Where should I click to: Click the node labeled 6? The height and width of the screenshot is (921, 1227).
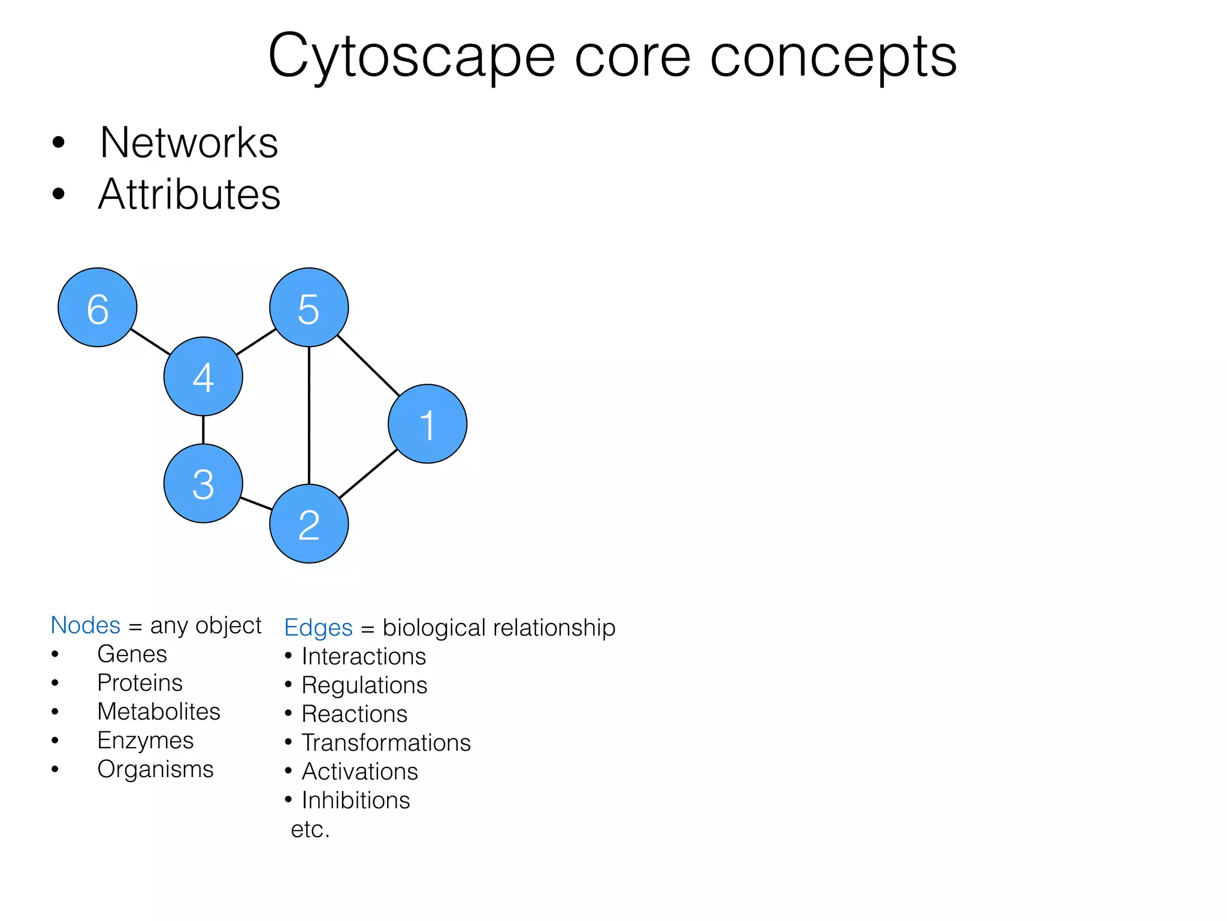pyautogui.click(x=98, y=308)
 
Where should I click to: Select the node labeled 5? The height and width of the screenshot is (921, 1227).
pyautogui.click(x=309, y=308)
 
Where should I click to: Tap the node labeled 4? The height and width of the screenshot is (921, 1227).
pyautogui.click(x=203, y=377)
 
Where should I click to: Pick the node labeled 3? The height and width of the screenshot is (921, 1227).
pyautogui.click(x=203, y=483)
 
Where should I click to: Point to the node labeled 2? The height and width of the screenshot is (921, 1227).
pyautogui.click(x=309, y=523)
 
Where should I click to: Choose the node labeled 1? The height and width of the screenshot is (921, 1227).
pyautogui.click(x=427, y=424)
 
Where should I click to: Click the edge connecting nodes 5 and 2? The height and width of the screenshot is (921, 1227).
pyautogui.click(x=309, y=415)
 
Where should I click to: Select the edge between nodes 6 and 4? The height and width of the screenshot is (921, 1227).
pyautogui.click(x=150, y=342)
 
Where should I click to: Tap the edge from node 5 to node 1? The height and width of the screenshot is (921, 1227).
pyautogui.click(x=368, y=365)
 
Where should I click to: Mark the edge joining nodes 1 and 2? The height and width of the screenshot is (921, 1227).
pyautogui.click(x=368, y=474)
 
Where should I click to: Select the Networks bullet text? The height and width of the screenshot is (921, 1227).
pyautogui.click(x=189, y=143)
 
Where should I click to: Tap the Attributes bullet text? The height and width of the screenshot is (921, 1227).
pyautogui.click(x=189, y=194)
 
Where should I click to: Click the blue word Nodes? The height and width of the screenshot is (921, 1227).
pyautogui.click(x=86, y=625)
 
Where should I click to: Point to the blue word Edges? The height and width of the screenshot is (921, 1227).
pyautogui.click(x=318, y=627)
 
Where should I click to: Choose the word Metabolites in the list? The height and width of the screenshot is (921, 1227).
pyautogui.click(x=159, y=712)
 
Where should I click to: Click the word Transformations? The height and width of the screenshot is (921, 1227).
pyautogui.click(x=386, y=742)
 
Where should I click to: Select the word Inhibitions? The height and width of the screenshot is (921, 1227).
pyautogui.click(x=356, y=800)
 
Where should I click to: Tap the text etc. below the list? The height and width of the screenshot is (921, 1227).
pyautogui.click(x=310, y=829)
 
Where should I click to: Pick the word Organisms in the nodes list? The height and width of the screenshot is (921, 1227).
pyautogui.click(x=155, y=769)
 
